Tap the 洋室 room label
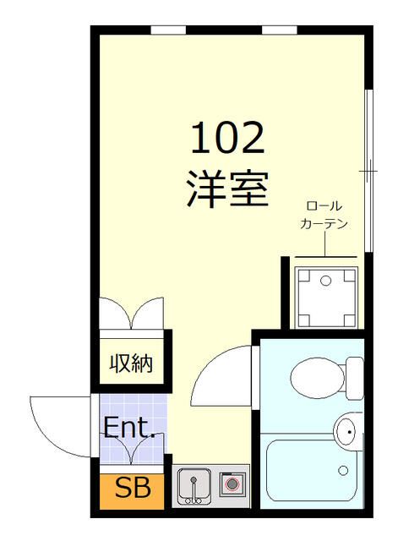point(226,189)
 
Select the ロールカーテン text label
point(325,216)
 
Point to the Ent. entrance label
point(128,427)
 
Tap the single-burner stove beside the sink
point(232,485)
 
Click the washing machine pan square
point(325,297)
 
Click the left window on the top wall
point(168,30)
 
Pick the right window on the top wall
point(279,30)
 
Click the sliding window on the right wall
point(368,169)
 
